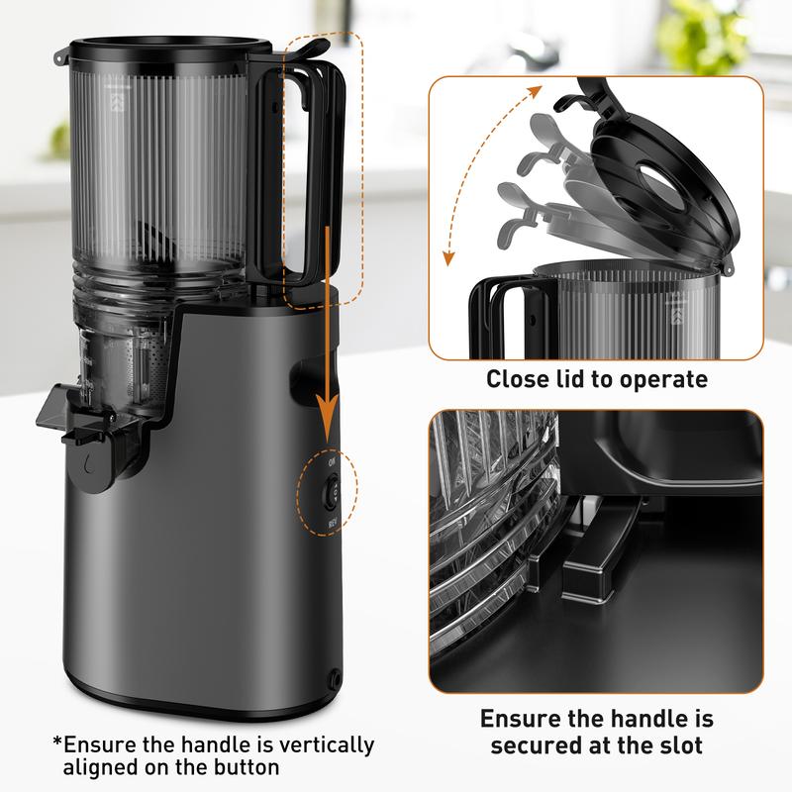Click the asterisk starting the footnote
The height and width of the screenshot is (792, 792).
pyautogui.click(x=56, y=742)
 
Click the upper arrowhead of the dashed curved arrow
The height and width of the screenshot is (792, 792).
pyautogui.click(x=539, y=92)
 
